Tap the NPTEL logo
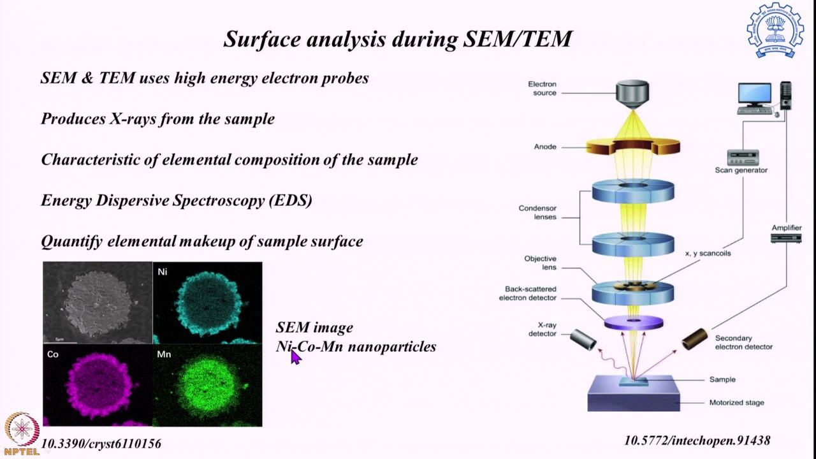tap(22, 433)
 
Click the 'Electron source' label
tap(542, 89)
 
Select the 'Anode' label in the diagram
tap(545, 147)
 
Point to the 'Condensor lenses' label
tap(537, 213)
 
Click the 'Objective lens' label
tap(540, 263)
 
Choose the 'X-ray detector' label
tap(542, 329)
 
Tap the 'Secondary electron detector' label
tap(743, 342)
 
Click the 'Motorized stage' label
tap(736, 403)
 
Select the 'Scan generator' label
tap(741, 170)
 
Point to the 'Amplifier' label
tap(786, 228)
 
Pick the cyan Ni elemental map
tap(207, 303)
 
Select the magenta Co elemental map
tap(98, 385)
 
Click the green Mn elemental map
tap(207, 385)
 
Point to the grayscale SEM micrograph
tap(98, 303)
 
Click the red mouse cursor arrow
tap(295, 357)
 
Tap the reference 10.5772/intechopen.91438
tap(697, 441)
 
